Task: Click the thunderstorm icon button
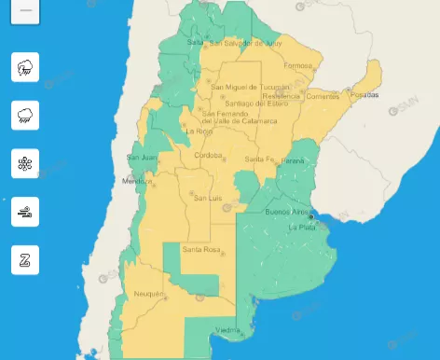click(25, 67)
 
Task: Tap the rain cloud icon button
click(25, 116)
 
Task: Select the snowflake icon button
click(25, 163)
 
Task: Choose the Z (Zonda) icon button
click(25, 260)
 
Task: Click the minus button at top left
click(25, 10)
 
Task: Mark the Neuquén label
click(149, 294)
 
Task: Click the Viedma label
click(228, 330)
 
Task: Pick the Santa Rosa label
click(199, 250)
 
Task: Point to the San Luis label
click(206, 197)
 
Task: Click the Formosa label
click(297, 65)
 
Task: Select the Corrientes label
click(321, 96)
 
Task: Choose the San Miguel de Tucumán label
click(247, 89)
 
